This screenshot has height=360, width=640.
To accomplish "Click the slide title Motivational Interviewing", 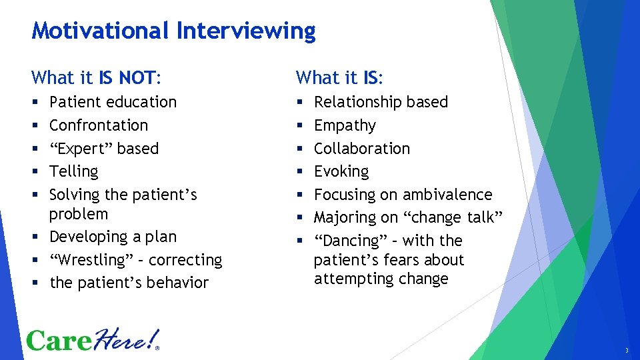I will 173,31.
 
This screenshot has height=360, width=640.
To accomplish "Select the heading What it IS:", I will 339,78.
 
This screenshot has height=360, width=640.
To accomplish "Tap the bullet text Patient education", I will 113,102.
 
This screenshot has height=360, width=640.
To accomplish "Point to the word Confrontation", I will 99,125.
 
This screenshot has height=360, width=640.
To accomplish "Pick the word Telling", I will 73,171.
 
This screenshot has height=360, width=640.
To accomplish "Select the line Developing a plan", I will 113,237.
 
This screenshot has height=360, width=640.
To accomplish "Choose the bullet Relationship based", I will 381,102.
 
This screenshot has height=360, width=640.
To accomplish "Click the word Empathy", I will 345,125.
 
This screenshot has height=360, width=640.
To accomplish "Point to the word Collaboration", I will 361,148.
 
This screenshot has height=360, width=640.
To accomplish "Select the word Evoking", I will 341,171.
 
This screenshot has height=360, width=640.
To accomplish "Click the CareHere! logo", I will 93,340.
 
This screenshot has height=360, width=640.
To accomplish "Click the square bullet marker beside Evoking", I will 299,172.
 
